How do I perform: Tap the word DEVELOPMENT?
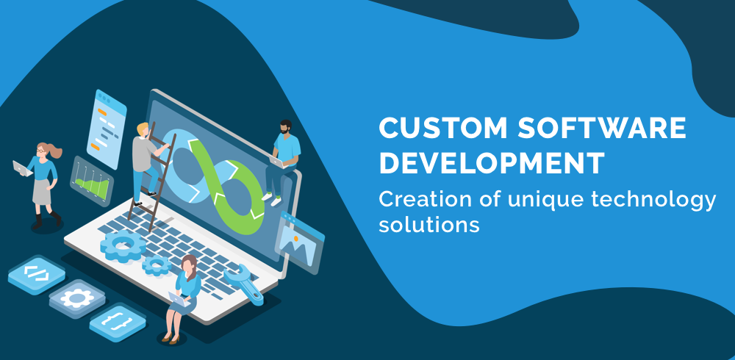[492, 162]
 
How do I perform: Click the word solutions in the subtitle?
[429, 224]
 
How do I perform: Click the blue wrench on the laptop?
[243, 284]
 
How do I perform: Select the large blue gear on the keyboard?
[123, 245]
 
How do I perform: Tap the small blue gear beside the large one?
[157, 265]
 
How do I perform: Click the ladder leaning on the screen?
[151, 177]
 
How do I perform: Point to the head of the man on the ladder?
[143, 129]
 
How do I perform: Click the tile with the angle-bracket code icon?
[37, 274]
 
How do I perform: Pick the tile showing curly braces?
[117, 322]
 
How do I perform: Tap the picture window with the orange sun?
[299, 242]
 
